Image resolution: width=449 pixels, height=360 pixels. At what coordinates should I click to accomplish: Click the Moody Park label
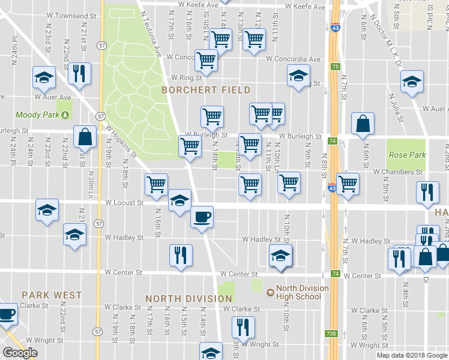point(36,115)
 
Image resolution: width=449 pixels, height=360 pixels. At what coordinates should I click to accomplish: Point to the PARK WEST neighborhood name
point(52,295)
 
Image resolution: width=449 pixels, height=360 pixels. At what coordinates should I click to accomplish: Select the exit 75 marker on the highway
point(335,67)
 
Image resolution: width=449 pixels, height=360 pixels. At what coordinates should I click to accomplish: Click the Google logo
point(20,353)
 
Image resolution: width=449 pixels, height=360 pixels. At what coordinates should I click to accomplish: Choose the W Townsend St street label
point(69,15)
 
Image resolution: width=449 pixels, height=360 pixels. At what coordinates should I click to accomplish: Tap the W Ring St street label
point(185,77)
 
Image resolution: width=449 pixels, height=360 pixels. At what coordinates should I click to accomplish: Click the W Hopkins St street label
point(121,141)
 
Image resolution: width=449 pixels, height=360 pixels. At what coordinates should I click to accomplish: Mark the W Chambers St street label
point(397,172)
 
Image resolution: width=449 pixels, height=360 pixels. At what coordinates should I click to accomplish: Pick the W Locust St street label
point(124,203)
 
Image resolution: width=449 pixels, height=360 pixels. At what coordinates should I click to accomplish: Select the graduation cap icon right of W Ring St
point(298,76)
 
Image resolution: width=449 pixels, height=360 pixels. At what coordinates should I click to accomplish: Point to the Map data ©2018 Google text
point(411,355)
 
